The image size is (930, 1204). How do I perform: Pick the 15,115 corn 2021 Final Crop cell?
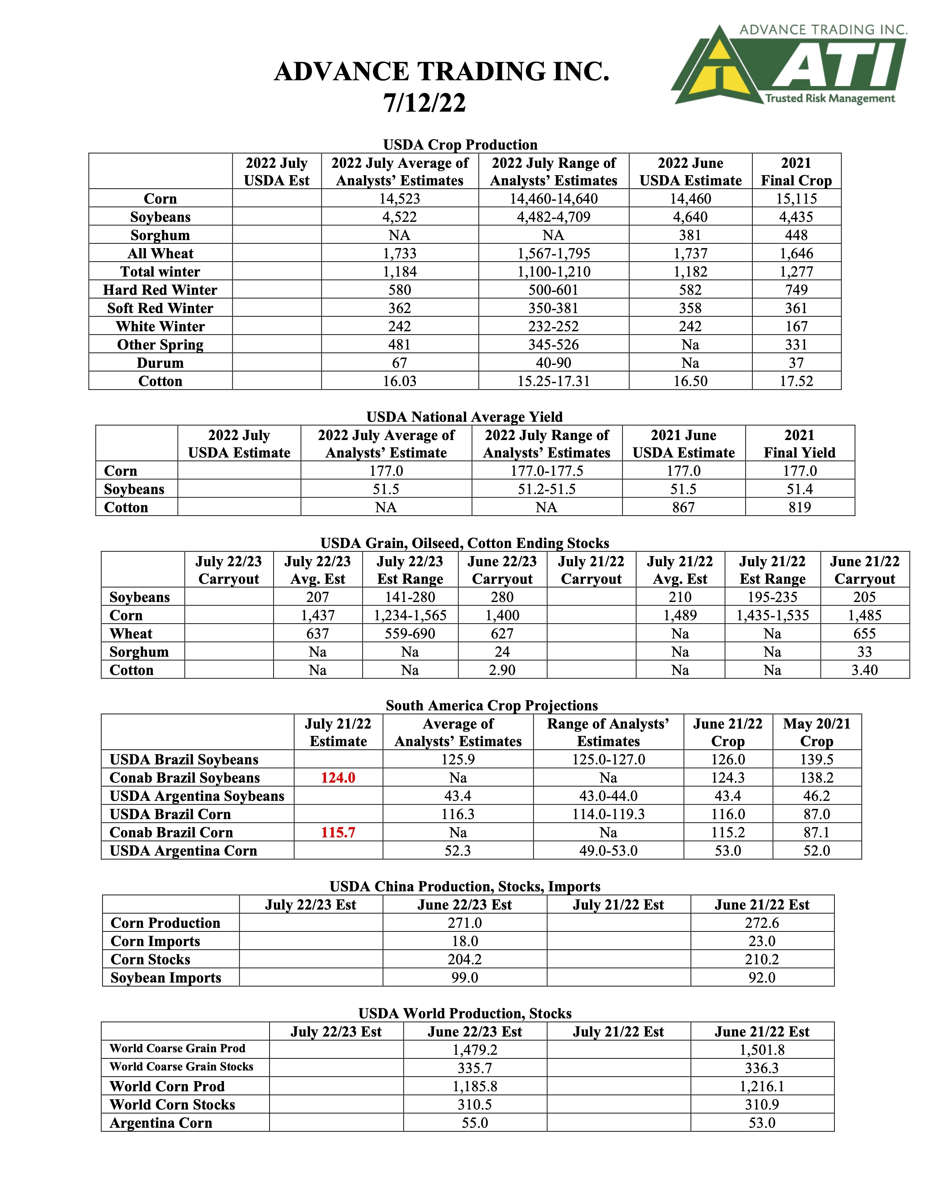click(x=796, y=198)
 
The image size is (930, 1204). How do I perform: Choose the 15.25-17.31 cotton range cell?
click(x=553, y=381)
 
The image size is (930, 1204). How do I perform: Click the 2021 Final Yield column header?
click(x=799, y=444)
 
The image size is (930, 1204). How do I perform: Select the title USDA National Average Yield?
click(x=464, y=417)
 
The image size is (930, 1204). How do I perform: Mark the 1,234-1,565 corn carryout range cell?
click(x=410, y=615)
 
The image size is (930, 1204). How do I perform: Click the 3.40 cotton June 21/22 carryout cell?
click(x=864, y=670)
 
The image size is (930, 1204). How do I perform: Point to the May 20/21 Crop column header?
click(x=817, y=732)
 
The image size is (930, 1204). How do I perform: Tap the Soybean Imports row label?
click(x=166, y=977)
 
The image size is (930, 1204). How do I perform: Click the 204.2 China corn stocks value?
click(x=464, y=959)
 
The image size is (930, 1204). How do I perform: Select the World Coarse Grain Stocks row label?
click(x=181, y=1067)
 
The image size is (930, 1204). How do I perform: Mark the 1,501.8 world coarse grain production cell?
click(x=762, y=1050)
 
